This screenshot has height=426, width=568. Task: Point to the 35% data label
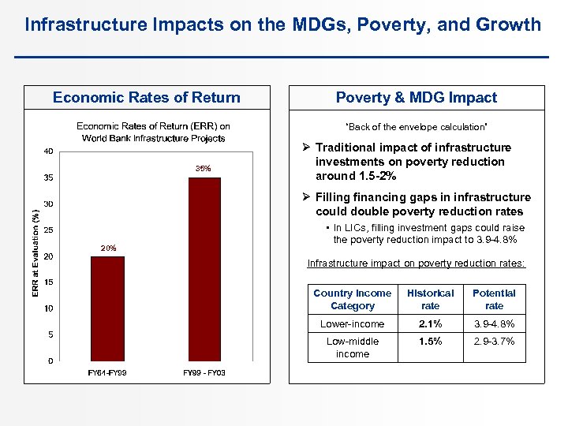pos(204,168)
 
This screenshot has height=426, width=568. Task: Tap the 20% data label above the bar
pos(108,248)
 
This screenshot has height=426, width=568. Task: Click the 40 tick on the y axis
pos(49,151)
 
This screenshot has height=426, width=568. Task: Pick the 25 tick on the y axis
pos(49,230)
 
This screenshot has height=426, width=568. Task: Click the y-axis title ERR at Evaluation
pos(35,253)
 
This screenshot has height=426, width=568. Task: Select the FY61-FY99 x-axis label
pos(107,372)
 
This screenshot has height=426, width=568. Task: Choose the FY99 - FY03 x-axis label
pos(204,372)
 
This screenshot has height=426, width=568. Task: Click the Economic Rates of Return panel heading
pos(147,98)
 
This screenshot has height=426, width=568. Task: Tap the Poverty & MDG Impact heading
pos(417,98)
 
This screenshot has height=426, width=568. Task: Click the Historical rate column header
pos(430,299)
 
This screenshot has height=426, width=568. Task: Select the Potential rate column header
pos(494,299)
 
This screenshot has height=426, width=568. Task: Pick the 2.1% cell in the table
pos(430,324)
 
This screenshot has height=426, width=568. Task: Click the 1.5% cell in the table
pos(430,342)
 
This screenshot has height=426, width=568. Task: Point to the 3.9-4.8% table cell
pos(494,324)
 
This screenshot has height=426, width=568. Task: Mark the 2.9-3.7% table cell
pos(494,342)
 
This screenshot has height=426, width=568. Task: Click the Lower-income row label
pos(352,324)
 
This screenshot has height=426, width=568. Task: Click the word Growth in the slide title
pos(510,24)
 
